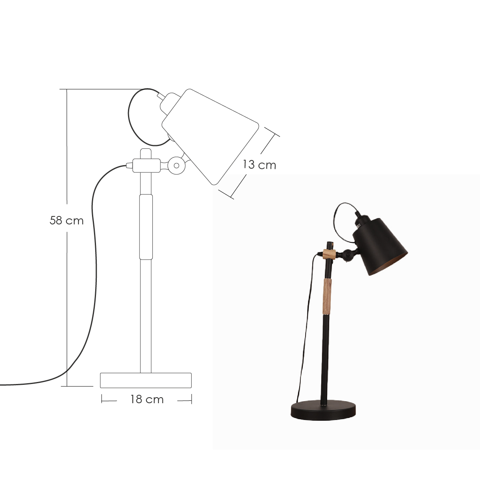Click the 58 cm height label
coord(66,220)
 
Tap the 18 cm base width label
coord(146,399)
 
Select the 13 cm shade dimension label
coord(259,165)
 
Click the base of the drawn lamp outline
coord(146,380)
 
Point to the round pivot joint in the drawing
coord(176,164)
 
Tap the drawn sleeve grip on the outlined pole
coord(146,226)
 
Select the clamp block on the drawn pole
coord(146,164)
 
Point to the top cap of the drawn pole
coord(146,152)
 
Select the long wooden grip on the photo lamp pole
coord(328,296)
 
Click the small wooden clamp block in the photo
coord(329,254)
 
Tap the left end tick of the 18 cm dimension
coord(102,399)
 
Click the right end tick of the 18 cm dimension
coord(191,399)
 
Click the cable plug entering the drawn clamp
coord(128,165)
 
